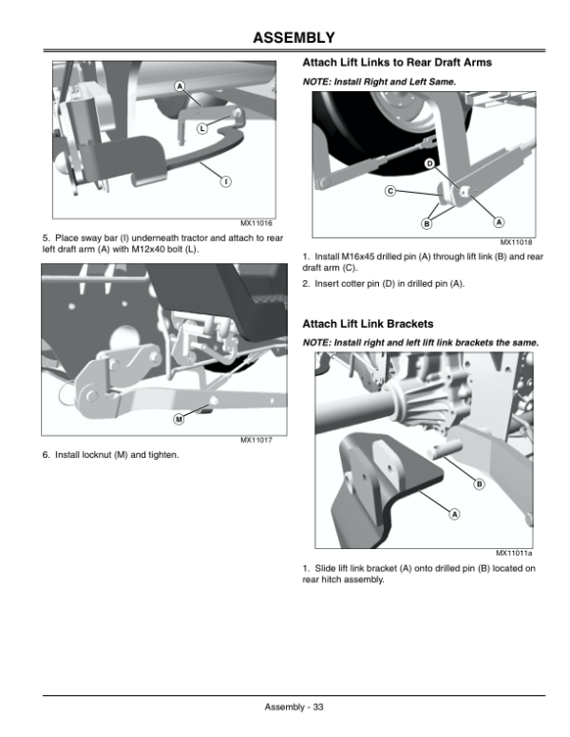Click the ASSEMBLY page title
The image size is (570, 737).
[x=294, y=38]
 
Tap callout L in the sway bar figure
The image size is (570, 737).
[x=202, y=128]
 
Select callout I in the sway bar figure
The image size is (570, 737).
[x=226, y=181]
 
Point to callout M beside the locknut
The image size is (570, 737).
[x=179, y=419]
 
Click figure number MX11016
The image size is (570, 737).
[x=256, y=223]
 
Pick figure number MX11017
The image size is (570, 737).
[x=256, y=440]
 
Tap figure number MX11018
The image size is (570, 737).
[x=516, y=242]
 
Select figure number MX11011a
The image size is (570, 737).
[x=514, y=553]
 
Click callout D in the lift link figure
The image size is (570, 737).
[x=429, y=163]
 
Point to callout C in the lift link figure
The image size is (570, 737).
[x=390, y=191]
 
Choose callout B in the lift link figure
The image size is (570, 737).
[x=427, y=224]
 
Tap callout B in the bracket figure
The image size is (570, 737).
[x=479, y=483]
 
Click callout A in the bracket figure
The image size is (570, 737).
[x=454, y=514]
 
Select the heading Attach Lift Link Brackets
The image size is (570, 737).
[x=368, y=324]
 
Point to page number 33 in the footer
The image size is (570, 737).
[x=318, y=707]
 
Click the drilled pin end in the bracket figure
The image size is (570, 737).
[x=434, y=453]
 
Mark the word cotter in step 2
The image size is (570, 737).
[x=343, y=284]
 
